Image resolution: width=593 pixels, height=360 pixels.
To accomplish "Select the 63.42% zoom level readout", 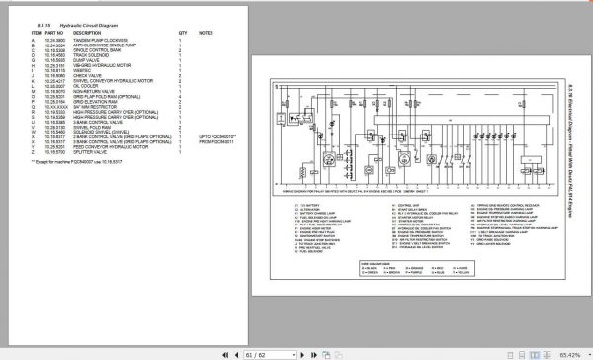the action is pyautogui.click(x=571, y=351).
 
